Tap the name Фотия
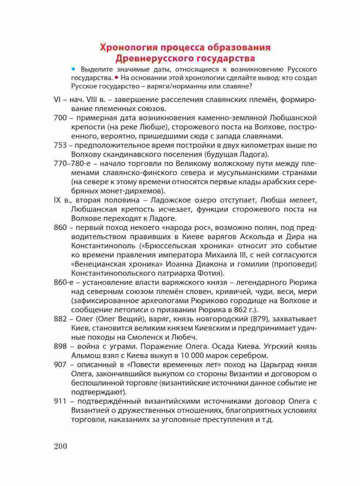(209, 273)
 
